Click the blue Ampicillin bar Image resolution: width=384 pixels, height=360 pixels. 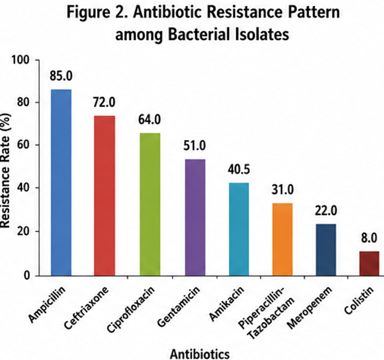61,182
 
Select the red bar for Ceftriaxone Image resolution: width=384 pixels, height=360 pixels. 104,196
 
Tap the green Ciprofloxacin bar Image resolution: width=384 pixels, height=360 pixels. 150,204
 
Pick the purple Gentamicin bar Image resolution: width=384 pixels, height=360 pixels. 195,218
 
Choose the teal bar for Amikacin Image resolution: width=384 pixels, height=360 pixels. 239,229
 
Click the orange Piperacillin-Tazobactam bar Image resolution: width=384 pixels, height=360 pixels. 282,239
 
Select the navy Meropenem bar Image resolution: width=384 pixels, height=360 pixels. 326,250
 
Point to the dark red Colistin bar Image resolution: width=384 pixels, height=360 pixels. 369,264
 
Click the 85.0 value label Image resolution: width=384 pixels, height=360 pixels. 61,76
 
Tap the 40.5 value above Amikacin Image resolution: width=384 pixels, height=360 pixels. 239,169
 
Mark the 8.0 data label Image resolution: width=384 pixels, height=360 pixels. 369,238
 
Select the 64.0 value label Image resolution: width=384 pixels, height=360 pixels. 150,119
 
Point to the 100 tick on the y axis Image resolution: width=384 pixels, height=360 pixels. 21,60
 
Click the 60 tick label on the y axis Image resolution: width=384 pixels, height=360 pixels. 24,145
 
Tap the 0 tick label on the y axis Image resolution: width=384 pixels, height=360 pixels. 27,276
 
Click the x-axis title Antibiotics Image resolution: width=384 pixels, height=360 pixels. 200,354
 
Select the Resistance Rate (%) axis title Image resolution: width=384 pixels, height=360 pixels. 5,171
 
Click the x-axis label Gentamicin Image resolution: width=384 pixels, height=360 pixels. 178,306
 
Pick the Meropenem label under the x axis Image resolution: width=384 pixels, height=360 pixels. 310,307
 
